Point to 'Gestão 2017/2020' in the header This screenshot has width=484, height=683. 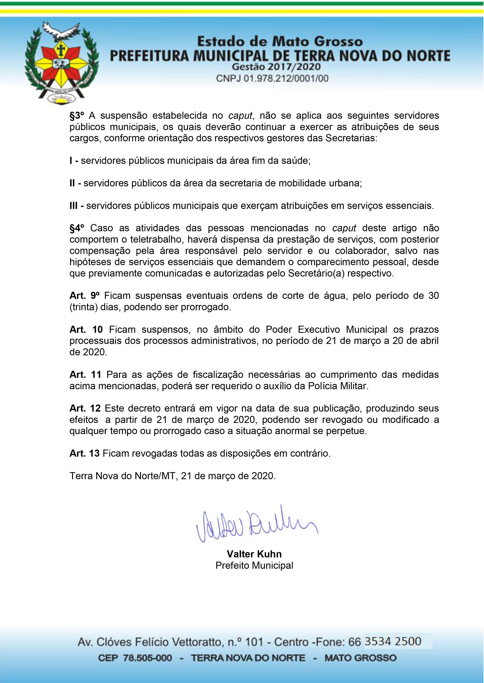pyautogui.click(x=276, y=67)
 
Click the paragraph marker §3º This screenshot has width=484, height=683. pyautogui.click(x=77, y=115)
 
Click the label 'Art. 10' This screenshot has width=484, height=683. pyautogui.click(x=86, y=329)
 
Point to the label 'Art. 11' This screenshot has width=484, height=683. pyautogui.click(x=86, y=375)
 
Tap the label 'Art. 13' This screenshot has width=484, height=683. pyautogui.click(x=84, y=453)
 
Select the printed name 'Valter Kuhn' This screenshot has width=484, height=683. pyautogui.click(x=254, y=554)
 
